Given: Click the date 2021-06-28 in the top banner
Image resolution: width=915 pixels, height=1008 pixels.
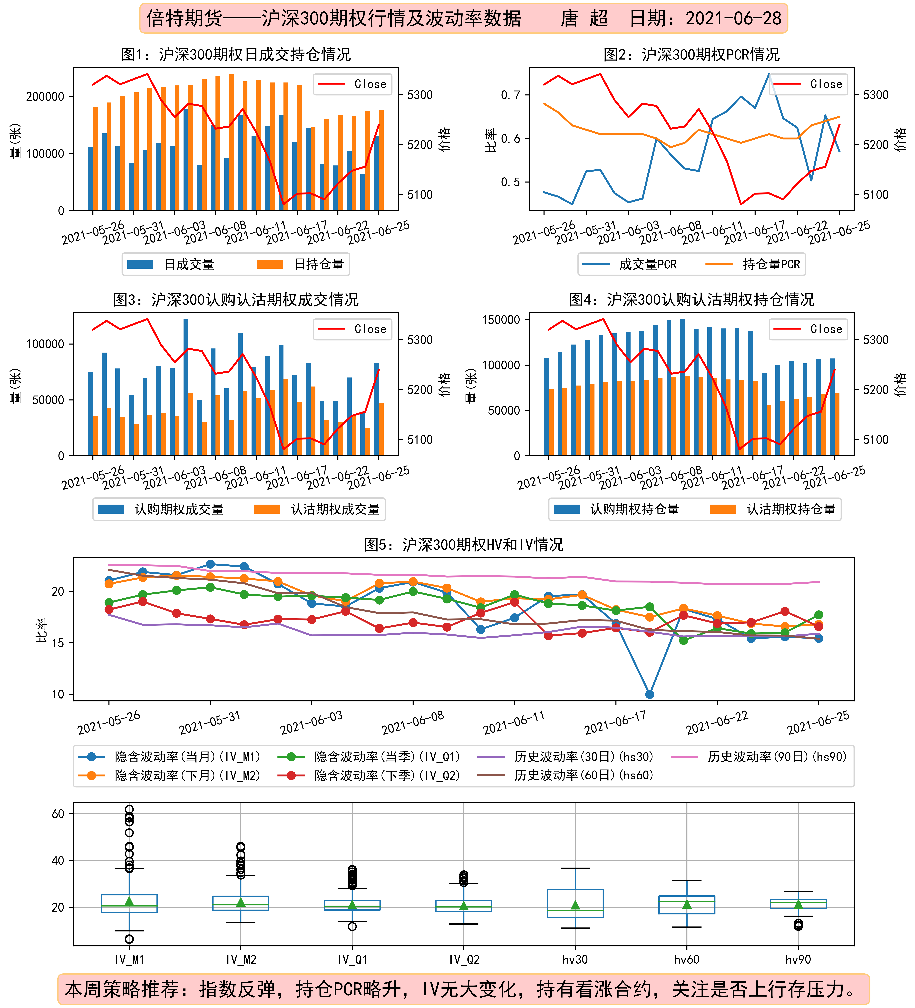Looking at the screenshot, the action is (733, 19).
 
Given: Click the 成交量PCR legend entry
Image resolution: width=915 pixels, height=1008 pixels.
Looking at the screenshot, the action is (630, 264).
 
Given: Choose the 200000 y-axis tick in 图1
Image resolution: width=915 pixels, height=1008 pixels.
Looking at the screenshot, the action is (45, 96).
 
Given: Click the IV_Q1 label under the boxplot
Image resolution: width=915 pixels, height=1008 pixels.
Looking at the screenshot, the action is (352, 959).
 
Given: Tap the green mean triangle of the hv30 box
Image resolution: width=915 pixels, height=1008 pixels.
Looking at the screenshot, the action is (575, 905).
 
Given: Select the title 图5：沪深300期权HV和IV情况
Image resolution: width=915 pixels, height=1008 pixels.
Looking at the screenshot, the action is (464, 544).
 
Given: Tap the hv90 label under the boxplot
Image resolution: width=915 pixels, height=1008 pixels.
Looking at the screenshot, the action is (798, 959).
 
